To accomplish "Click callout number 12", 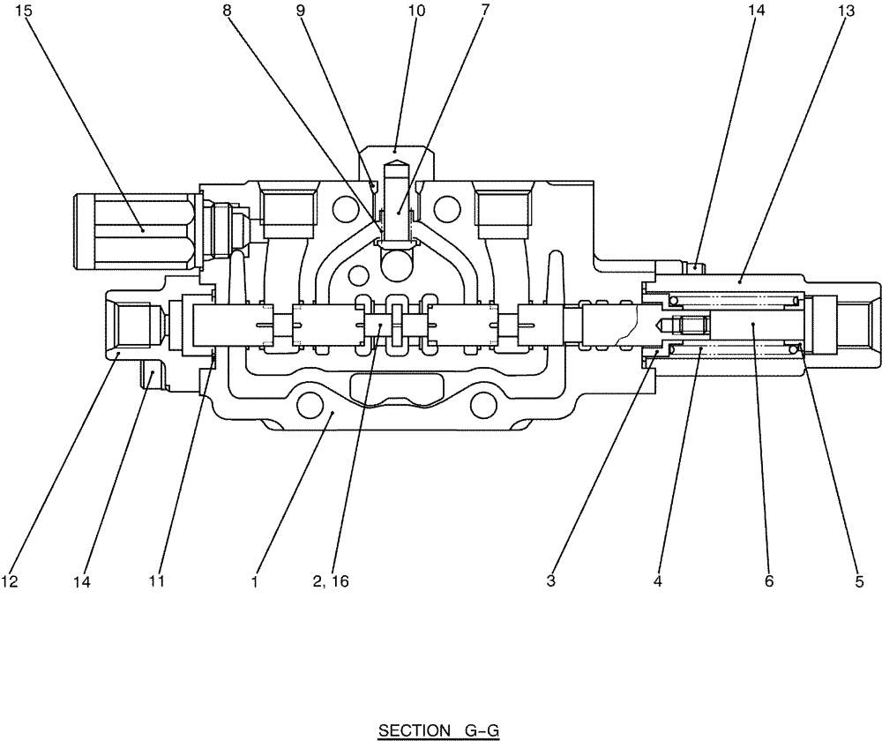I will pos(11,582).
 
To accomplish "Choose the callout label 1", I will pos(254,582).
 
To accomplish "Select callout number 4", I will pos(657,582).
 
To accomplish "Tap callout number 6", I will pos(768,582).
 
